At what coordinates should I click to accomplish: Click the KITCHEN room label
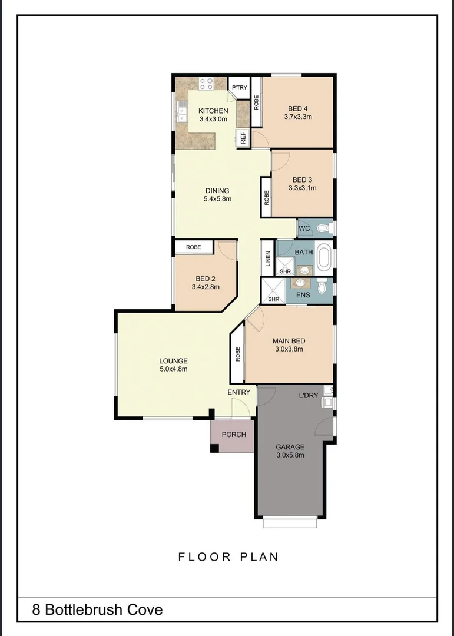(x=213, y=111)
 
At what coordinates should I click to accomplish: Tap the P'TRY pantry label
(x=239, y=88)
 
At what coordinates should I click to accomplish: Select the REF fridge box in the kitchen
(x=243, y=138)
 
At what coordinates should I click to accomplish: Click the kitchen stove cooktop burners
(x=206, y=84)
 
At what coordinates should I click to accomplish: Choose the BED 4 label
(x=297, y=108)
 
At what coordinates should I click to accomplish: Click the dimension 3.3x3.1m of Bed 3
(x=302, y=188)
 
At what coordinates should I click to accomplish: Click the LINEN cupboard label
(x=268, y=259)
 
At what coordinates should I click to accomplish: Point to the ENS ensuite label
(x=303, y=294)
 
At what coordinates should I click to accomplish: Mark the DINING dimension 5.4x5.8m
(x=217, y=199)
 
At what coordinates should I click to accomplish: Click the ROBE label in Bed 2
(x=193, y=247)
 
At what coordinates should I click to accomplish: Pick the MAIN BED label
(x=289, y=340)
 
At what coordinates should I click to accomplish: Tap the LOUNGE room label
(x=173, y=361)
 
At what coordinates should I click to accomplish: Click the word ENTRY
(x=239, y=392)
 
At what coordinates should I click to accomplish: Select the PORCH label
(x=234, y=435)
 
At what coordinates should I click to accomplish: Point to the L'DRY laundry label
(x=308, y=395)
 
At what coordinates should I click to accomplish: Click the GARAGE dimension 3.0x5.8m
(x=290, y=455)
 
